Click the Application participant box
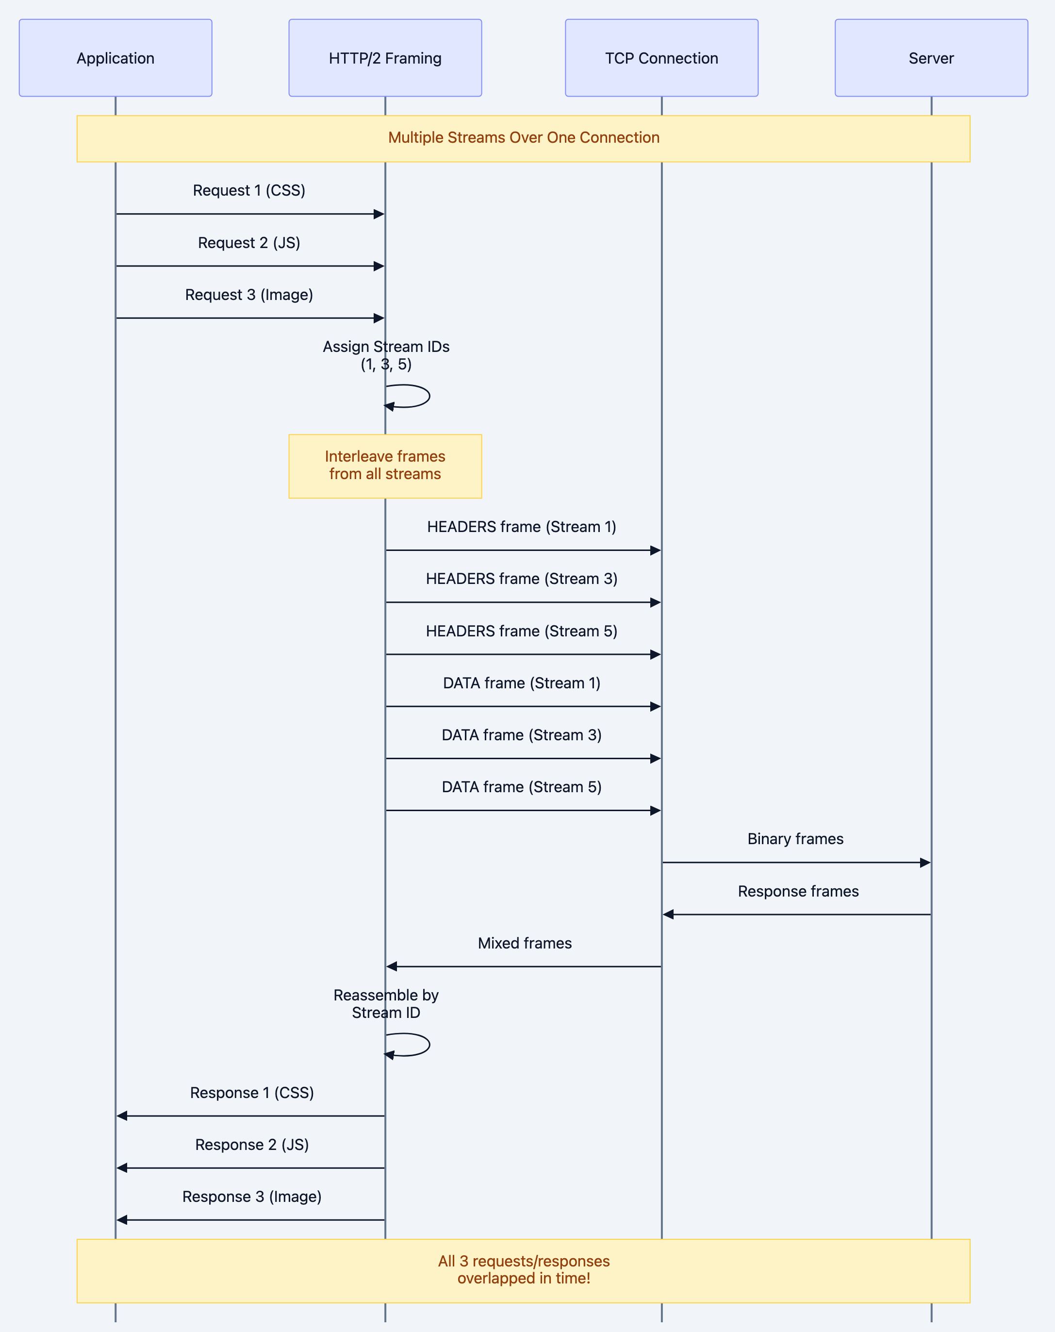[x=115, y=58]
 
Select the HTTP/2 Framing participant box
[x=385, y=58]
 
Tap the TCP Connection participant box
[x=661, y=58]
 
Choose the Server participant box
[x=931, y=58]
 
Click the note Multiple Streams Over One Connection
[x=523, y=138]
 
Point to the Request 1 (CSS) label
[x=249, y=190]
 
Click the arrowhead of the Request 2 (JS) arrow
[x=379, y=266]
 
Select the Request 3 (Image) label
[x=249, y=295]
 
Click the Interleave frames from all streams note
[x=385, y=466]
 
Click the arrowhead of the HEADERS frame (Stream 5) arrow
[x=655, y=654]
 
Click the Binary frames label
[x=795, y=839]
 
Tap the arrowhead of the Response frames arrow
[x=668, y=915]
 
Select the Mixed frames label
[x=525, y=943]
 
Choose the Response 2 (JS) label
[x=251, y=1145]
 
